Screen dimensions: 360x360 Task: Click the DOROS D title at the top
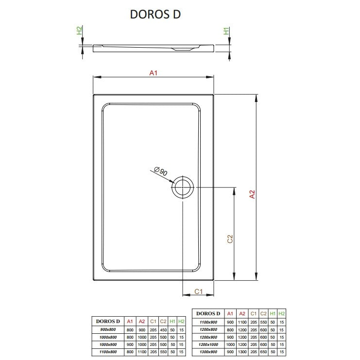point(155,14)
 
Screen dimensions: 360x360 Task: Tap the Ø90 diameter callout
point(160,171)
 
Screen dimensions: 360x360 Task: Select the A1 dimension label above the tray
point(153,73)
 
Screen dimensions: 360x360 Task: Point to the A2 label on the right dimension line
point(252,194)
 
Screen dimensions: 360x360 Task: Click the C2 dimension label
point(230,239)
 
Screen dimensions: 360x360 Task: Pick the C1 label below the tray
point(198,291)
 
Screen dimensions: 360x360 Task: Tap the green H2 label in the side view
point(79,31)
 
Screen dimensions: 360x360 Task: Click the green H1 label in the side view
point(226,31)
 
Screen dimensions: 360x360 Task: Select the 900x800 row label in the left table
point(108,329)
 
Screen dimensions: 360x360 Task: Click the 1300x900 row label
point(208,352)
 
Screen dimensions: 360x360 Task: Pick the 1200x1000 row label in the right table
point(208,344)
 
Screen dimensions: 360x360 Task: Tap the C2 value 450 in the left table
point(163,330)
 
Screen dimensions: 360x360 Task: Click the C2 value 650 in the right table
point(263,352)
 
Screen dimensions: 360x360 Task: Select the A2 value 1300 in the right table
point(242,352)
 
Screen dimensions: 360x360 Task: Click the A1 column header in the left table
point(130,322)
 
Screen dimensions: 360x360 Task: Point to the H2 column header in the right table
point(281,313)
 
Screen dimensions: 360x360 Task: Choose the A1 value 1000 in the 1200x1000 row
point(230,344)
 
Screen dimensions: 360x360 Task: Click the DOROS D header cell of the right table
point(208,313)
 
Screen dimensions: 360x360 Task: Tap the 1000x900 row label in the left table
point(108,344)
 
